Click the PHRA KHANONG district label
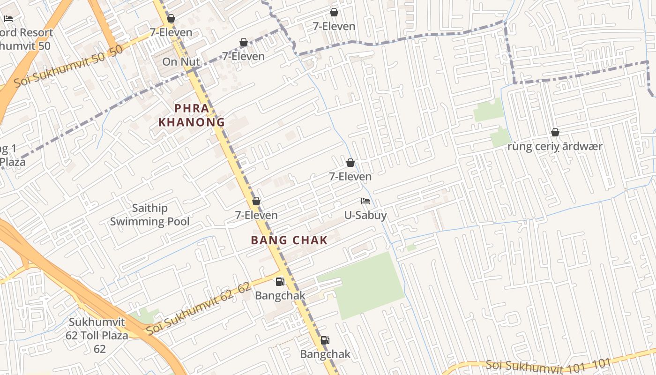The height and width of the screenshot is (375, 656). point(192,115)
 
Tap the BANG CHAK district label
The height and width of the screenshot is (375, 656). point(289,240)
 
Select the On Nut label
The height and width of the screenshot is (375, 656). point(181,62)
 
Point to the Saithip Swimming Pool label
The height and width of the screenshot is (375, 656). point(150,215)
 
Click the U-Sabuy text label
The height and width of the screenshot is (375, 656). point(365,215)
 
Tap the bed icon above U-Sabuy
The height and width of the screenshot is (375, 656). point(365,201)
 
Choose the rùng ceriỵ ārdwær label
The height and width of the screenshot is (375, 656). point(555,146)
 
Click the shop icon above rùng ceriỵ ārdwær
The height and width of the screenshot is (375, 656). point(555,132)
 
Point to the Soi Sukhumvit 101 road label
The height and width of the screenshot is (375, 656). point(548,364)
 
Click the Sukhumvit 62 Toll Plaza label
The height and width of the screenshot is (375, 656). point(97,336)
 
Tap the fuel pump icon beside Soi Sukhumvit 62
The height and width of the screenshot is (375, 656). point(280,282)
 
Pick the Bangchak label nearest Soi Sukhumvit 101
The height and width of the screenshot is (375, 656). point(325,354)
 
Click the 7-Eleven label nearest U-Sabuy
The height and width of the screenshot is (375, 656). point(350,177)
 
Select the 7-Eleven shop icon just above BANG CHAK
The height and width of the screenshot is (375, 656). point(256,201)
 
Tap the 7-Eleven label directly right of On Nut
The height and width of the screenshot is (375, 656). point(243,56)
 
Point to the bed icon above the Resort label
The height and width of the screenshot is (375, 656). point(8,19)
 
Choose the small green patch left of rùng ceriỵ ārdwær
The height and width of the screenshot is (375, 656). point(499,138)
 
